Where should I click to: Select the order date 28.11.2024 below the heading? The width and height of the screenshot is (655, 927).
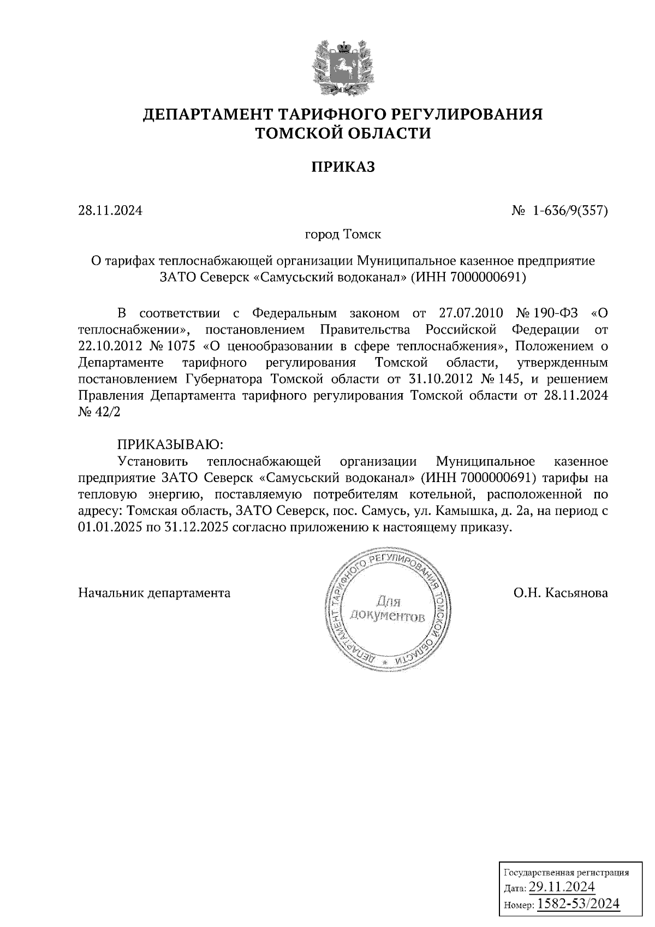click(110, 210)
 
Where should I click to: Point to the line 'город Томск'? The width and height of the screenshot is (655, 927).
click(342, 235)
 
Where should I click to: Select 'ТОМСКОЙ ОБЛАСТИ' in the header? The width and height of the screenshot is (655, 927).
click(343, 133)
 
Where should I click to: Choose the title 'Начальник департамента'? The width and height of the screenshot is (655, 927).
click(154, 593)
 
